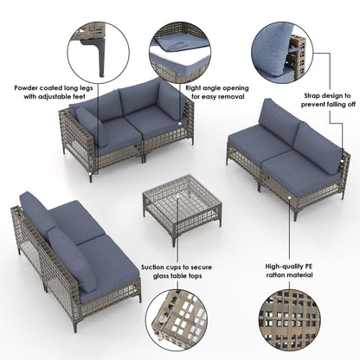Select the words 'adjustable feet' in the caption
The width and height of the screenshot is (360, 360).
63,98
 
